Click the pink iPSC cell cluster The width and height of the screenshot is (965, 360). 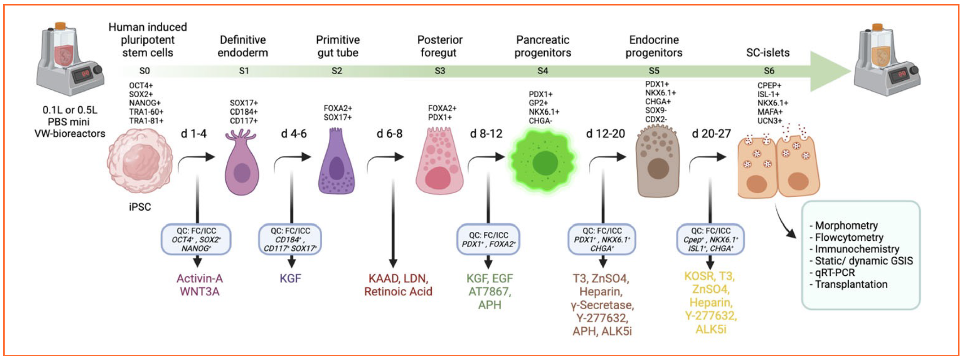[140, 161]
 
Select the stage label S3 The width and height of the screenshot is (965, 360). [440, 71]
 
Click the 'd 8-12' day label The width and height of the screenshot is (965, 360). [486, 134]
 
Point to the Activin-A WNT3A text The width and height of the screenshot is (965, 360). [200, 285]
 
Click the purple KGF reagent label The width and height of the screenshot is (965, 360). [291, 278]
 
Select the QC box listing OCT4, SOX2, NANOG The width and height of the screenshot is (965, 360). [196, 239]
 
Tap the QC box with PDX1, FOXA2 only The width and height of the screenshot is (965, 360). [488, 239]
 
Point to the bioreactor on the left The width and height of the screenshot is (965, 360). [70, 59]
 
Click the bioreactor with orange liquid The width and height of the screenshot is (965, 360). [886, 59]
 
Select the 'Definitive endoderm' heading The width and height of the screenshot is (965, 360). [243, 46]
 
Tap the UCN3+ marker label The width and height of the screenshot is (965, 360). [770, 121]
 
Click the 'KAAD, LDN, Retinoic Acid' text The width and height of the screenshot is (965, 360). [398, 285]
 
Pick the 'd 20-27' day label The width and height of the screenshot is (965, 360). [711, 134]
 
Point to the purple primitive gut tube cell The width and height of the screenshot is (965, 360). [336, 163]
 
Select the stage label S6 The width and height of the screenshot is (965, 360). [769, 71]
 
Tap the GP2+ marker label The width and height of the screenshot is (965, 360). [538, 103]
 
